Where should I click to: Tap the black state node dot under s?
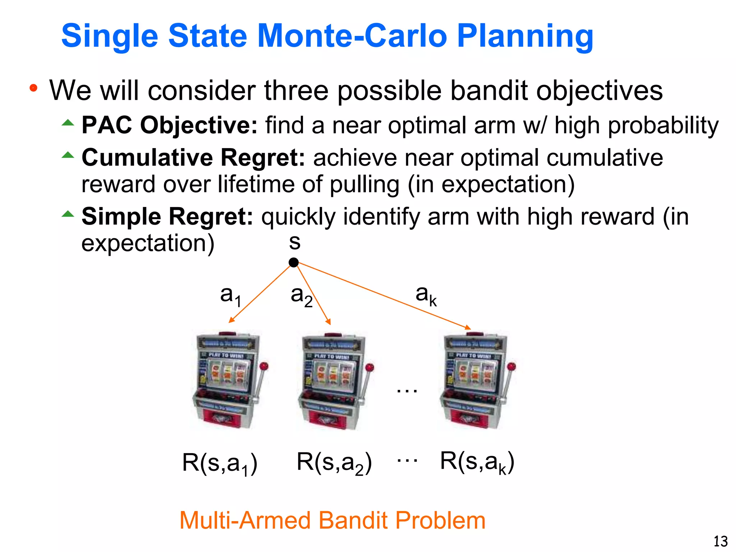point(294,263)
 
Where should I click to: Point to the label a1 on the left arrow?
point(230,296)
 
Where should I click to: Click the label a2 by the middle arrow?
point(301,296)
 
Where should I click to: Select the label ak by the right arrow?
point(426,295)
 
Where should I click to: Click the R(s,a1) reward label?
point(220,463)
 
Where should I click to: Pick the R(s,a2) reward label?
point(334,463)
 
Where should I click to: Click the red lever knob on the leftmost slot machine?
point(264,367)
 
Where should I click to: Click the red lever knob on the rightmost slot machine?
point(512,367)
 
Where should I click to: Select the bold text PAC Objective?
point(170,125)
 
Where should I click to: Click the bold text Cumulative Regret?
point(193,158)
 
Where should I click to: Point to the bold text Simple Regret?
point(167,217)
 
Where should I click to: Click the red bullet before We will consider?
point(33,88)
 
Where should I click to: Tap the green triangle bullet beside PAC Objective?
point(68,123)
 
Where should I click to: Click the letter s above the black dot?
point(295,243)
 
